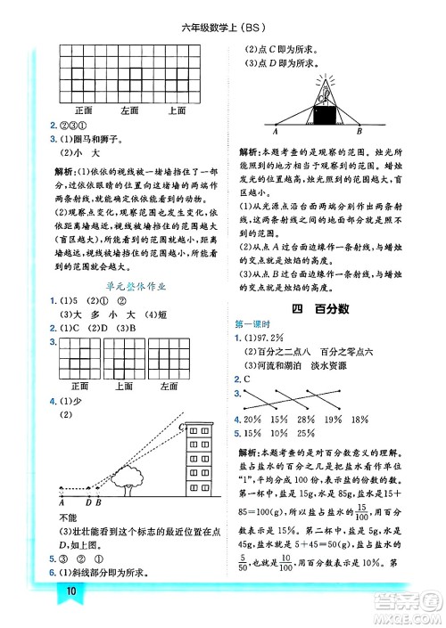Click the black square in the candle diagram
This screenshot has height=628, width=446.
[x=323, y=115]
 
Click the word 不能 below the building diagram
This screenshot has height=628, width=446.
[x=69, y=517]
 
